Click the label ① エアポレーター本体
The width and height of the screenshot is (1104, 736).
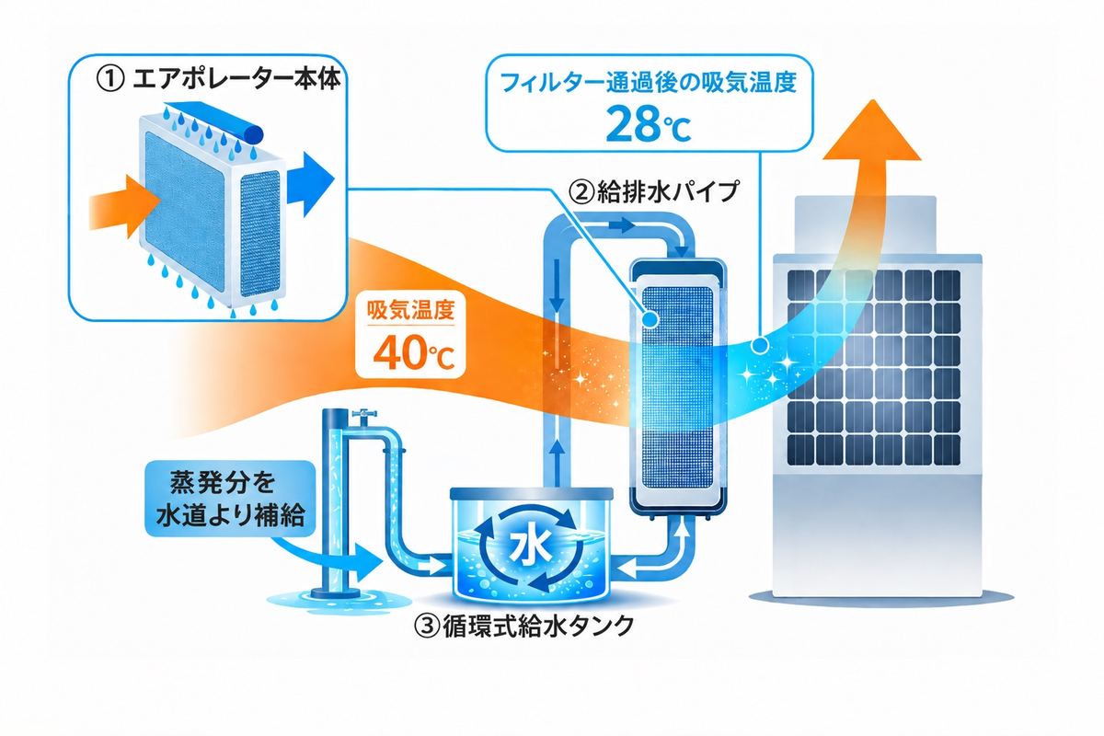click(x=217, y=80)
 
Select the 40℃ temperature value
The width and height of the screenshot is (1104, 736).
click(x=413, y=353)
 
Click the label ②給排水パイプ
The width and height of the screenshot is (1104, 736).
click(x=654, y=190)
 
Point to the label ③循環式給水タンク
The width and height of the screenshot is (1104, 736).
click(x=523, y=627)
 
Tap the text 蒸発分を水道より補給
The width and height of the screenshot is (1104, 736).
click(x=230, y=499)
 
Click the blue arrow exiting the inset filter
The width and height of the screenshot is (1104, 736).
click(x=310, y=184)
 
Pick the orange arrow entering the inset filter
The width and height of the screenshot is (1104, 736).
click(x=124, y=207)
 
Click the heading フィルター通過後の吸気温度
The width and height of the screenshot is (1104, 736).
click(x=648, y=81)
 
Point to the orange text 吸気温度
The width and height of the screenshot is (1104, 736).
click(x=410, y=310)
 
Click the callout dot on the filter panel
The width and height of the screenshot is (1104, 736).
click(x=650, y=319)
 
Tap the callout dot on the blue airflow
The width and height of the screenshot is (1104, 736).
click(x=760, y=345)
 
